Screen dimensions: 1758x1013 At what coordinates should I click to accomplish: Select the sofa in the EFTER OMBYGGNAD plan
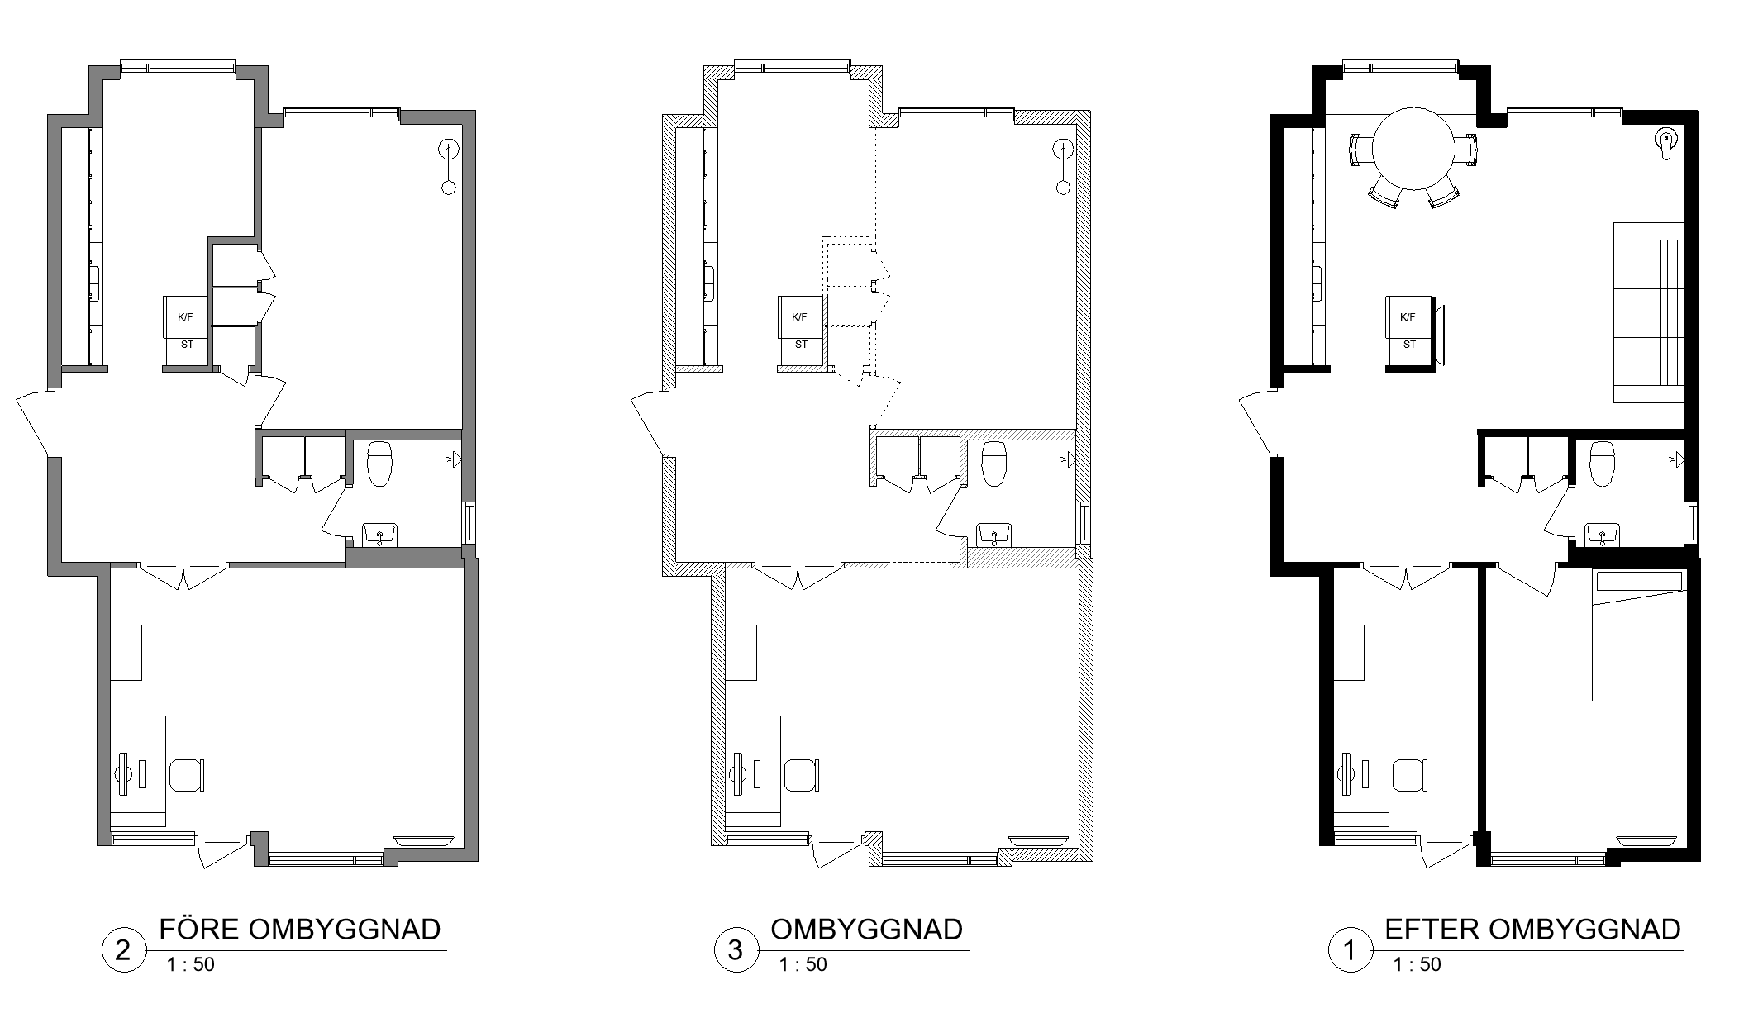coord(1649,312)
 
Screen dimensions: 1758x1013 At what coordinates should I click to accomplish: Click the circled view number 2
coord(123,950)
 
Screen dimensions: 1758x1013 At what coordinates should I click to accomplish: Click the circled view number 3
coord(736,950)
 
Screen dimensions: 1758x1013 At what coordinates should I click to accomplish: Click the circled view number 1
coord(1350,950)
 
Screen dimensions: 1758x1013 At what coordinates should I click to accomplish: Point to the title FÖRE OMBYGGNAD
coord(300,930)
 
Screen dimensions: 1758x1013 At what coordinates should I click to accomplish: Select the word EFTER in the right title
coord(1433,930)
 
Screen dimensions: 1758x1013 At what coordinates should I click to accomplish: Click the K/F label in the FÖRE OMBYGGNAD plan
coord(185,317)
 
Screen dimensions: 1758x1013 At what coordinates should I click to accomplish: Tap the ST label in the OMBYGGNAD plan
coord(801,345)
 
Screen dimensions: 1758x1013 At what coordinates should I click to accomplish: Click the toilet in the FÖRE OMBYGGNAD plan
coord(379,463)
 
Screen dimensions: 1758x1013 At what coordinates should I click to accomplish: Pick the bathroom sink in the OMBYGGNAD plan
coord(994,535)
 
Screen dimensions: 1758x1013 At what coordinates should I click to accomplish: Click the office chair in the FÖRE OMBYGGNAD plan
coord(187,776)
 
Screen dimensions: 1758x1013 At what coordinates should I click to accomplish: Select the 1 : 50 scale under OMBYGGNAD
coord(803,964)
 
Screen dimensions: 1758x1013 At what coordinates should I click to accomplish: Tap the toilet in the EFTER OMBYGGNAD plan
coord(1602,463)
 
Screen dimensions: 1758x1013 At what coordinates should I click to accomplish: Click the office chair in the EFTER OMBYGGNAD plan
coord(1410,776)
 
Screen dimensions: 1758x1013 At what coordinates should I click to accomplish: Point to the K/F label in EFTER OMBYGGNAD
coord(1408,317)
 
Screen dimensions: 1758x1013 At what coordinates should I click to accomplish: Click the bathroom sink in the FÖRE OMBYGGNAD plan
coord(379,535)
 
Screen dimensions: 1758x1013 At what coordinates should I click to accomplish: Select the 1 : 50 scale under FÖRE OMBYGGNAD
coord(190,964)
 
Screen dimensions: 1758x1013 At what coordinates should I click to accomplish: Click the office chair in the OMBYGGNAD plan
coord(802,776)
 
